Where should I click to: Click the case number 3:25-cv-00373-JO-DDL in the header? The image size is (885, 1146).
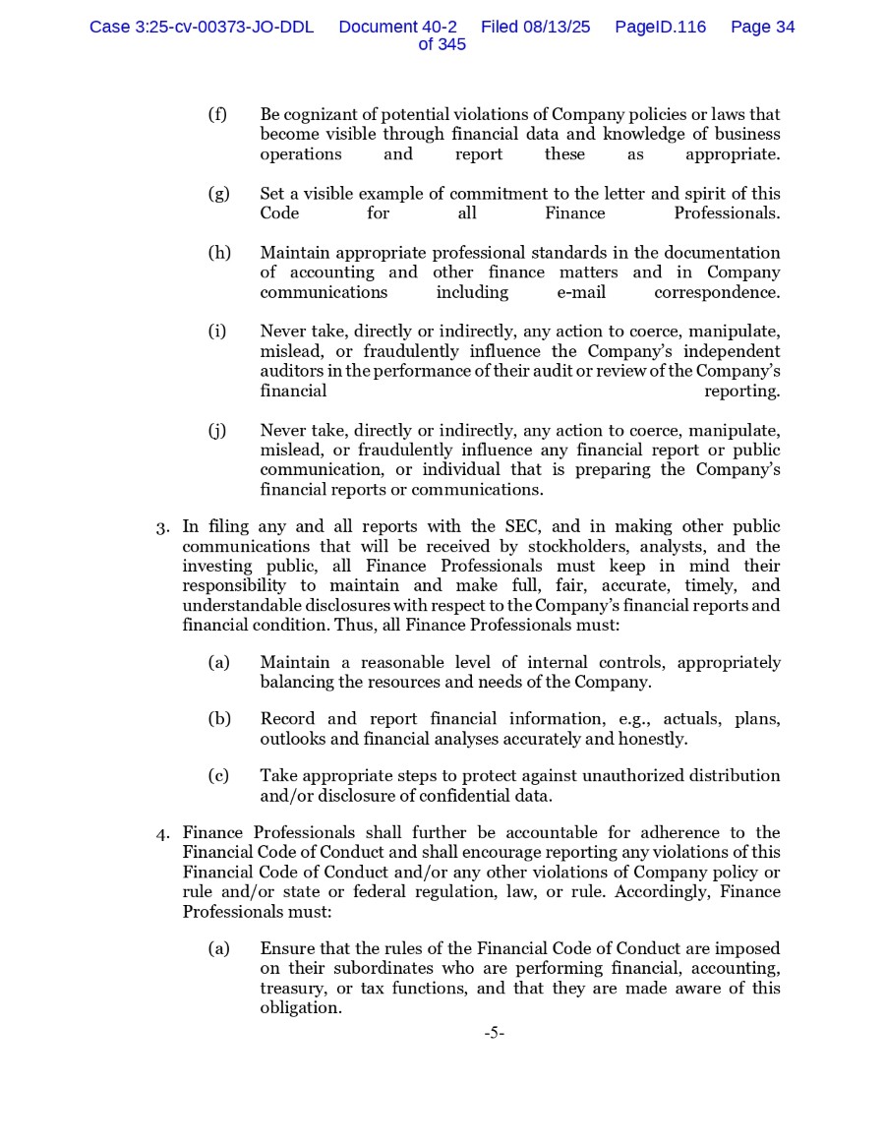tap(202, 28)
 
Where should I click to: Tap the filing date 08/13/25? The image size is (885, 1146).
tap(558, 28)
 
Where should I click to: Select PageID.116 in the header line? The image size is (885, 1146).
tap(660, 28)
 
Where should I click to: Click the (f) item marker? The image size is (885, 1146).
tap(217, 115)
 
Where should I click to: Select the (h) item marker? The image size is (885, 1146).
tap(218, 253)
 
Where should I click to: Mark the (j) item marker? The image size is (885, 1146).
tap(217, 430)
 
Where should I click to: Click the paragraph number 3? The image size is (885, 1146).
tap(162, 528)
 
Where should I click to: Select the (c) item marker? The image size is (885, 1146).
tap(218, 776)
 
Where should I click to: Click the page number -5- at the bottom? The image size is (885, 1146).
tap(494, 1033)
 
